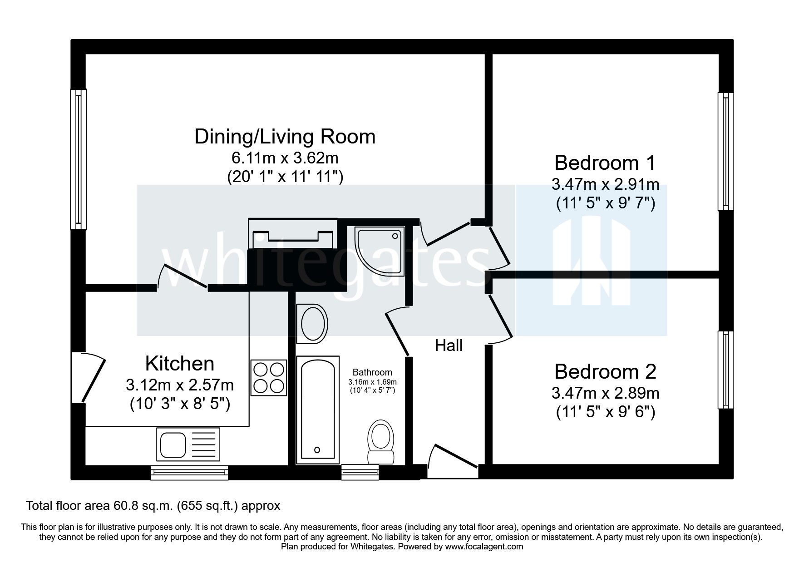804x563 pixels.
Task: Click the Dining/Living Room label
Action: (285, 137)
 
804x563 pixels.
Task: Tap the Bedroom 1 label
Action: (605, 162)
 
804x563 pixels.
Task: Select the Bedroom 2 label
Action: (605, 371)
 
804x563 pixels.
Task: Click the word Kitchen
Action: (180, 364)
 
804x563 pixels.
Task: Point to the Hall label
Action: (449, 346)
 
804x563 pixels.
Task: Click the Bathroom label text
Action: (372, 373)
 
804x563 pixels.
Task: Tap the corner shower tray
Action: (380, 251)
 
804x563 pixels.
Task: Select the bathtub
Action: (318, 410)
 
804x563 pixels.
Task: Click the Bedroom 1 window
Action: (725, 152)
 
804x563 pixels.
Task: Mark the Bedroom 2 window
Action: (725, 370)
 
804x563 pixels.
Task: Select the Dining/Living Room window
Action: (78, 159)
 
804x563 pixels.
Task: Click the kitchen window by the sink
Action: (189, 473)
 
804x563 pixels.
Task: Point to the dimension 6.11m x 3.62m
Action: (285, 158)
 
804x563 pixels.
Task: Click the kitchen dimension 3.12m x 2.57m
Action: (180, 385)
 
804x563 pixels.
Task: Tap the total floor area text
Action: (153, 505)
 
